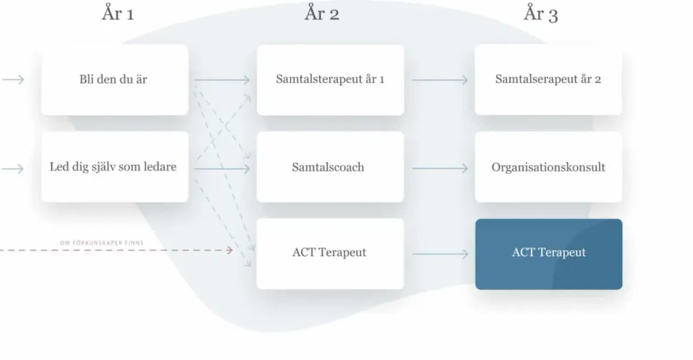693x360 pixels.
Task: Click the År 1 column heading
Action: coord(118,13)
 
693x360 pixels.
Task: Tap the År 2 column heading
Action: coord(322,13)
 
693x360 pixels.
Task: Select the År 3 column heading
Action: coord(541,14)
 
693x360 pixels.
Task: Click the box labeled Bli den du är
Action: coord(115,79)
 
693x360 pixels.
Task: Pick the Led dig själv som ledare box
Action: coord(115,167)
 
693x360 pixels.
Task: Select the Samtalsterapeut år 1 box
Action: coord(330,79)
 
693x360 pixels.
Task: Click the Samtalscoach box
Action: coord(330,167)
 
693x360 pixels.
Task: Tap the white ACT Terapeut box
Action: coord(330,254)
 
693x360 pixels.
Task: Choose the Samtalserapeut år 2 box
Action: coord(548,79)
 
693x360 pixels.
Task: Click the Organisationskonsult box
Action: coord(548,167)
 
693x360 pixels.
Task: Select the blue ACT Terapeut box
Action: coord(549,254)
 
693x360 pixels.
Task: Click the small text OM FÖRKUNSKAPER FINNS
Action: coord(102,243)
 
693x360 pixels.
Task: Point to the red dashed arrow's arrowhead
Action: coord(230,251)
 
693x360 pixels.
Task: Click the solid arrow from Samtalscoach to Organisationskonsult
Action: coord(440,168)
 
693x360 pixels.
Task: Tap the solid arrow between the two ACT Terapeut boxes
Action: coord(440,254)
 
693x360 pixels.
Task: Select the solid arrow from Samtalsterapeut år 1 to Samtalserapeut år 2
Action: coord(440,80)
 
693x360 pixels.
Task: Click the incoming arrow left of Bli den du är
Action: coord(13,79)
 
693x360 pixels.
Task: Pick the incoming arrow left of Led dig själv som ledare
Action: coord(13,169)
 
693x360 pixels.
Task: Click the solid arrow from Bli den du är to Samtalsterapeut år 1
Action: coord(222,80)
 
